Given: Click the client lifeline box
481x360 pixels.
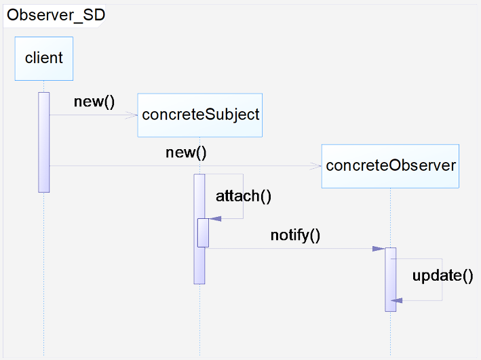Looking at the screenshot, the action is pos(44,58).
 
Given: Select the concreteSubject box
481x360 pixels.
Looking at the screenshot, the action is pos(200,115).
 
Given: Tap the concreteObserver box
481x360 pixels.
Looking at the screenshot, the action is pos(390,166).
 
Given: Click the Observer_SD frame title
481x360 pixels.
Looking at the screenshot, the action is pos(56,15).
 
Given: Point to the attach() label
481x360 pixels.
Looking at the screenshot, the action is pos(244,196).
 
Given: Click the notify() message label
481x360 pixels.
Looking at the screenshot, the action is pos(295,235).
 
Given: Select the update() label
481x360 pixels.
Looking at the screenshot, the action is pos(442,276).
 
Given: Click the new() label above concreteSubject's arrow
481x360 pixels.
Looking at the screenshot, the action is pos(94,102).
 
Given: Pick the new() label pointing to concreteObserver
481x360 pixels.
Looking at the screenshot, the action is pos(186,153).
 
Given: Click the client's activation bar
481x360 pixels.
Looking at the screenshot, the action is pos(44,142).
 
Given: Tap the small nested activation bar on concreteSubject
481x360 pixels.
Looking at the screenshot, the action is pos(203,233).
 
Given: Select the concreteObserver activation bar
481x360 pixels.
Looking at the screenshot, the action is pos(391,279).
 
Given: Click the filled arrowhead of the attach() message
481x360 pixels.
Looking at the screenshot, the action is pos(215,218).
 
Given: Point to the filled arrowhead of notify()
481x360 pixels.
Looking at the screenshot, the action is pos(379,249).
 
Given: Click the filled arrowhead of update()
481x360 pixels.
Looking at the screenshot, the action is pos(397,300).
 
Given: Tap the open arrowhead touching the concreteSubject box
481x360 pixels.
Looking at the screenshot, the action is pos(132,115).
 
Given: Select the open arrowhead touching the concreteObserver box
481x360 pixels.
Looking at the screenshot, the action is pos(315,166).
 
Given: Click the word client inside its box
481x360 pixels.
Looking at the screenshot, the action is pos(44,58).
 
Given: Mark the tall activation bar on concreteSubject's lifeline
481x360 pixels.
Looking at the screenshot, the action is pos(199,229).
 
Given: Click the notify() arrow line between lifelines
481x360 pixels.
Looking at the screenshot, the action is pos(295,249).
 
